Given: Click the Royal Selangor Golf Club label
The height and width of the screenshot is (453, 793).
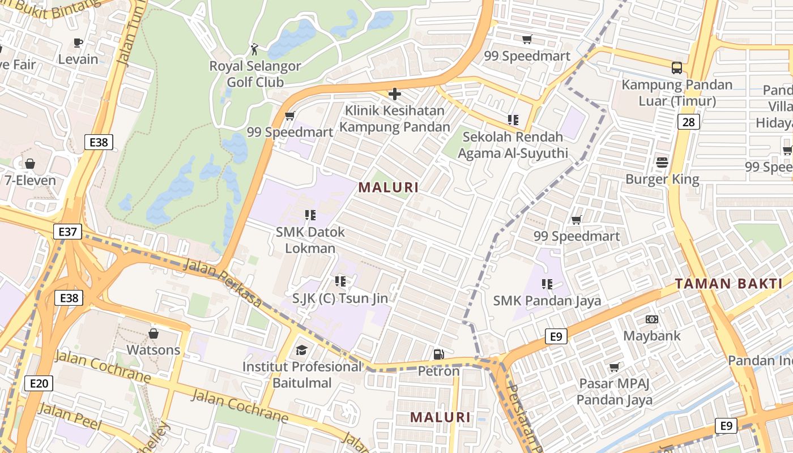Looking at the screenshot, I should [x=255, y=74].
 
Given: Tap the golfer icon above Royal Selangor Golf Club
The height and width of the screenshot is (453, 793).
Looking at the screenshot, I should [x=254, y=49].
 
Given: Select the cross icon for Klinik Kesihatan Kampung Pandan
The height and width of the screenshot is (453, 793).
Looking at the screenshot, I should [x=395, y=94].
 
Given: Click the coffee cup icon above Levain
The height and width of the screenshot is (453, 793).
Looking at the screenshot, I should [x=78, y=42].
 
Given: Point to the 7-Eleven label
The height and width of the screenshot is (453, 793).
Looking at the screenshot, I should [x=31, y=181].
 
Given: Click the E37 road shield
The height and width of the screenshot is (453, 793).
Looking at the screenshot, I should [x=68, y=231].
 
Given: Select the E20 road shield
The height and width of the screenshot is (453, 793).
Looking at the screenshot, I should [x=39, y=383].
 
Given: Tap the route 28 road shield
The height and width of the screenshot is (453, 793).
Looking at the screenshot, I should [x=688, y=122].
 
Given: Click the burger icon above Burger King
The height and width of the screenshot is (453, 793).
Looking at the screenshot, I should [x=662, y=163].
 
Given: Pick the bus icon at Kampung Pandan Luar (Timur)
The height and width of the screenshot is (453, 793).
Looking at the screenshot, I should [x=676, y=68].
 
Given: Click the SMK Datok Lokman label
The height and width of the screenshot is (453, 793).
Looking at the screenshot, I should [x=310, y=240].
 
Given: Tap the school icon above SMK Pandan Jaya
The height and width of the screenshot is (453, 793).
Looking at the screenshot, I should [x=547, y=284].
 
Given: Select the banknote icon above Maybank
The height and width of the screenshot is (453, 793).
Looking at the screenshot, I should [x=651, y=319].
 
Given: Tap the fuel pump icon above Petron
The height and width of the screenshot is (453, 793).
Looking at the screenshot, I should [x=438, y=354].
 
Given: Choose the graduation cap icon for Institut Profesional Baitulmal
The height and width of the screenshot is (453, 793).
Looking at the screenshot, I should [x=301, y=350].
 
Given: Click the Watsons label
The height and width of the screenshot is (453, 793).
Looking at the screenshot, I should [x=153, y=349].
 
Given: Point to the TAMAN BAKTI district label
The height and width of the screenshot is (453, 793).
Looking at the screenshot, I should [x=728, y=284].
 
